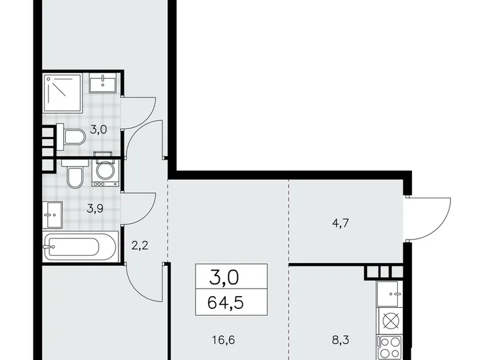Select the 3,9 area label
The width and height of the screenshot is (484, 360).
coord(94,209)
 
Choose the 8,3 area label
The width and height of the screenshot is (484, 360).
coord(344,340)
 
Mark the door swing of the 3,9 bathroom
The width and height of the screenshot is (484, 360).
coord(141,208)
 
